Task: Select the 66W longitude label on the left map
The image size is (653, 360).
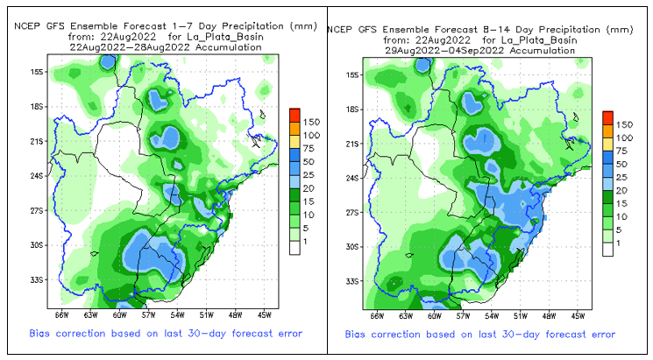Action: point(61,314)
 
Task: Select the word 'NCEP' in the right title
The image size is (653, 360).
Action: point(341,29)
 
